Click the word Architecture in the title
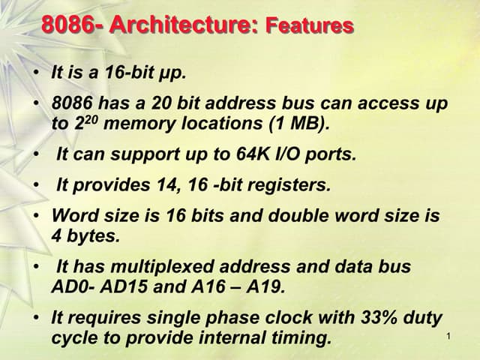(183, 25)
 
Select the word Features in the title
(310, 27)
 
